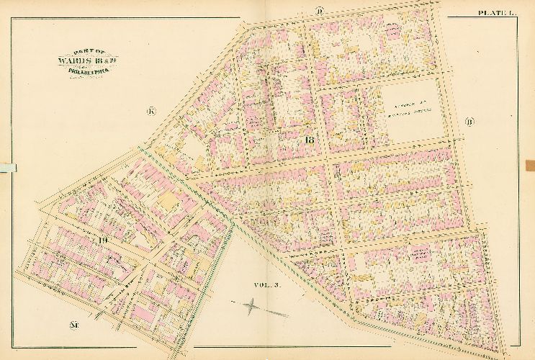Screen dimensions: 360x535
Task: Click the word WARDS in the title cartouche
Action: point(69,60)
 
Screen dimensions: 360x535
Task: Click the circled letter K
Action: point(151,111)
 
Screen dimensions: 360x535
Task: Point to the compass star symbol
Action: point(252,308)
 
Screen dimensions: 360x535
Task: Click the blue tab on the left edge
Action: point(7,167)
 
